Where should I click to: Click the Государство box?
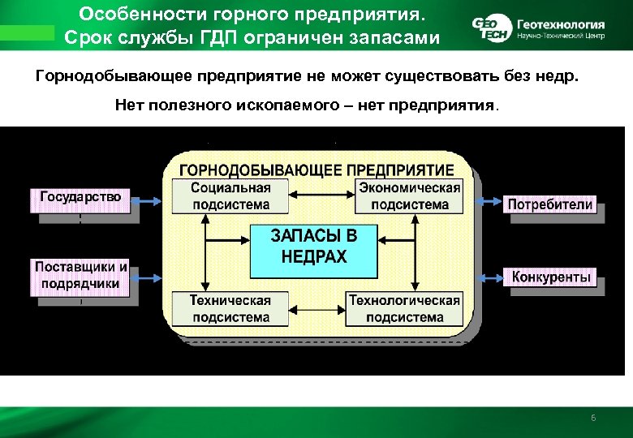[x=80, y=197]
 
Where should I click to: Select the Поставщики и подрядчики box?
[x=81, y=275]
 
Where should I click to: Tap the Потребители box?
[x=550, y=204]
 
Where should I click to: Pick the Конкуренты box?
[x=552, y=277]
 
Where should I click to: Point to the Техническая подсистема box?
[x=230, y=309]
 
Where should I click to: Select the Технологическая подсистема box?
[x=403, y=309]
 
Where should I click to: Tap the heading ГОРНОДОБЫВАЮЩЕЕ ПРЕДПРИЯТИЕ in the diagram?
[x=316, y=170]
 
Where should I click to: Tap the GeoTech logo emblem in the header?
[x=489, y=28]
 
